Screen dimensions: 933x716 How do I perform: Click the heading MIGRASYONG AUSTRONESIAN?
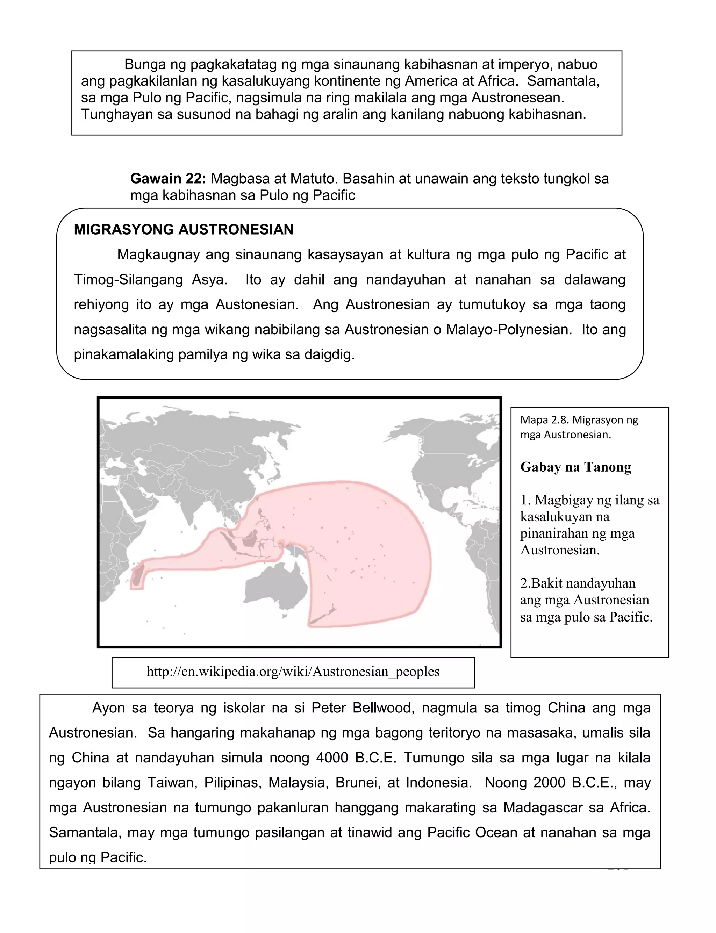pos(183,230)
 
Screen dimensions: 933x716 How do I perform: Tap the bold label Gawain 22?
pos(168,179)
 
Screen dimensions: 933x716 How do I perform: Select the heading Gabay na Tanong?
pos(575,467)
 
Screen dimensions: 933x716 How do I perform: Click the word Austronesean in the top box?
pos(517,98)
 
